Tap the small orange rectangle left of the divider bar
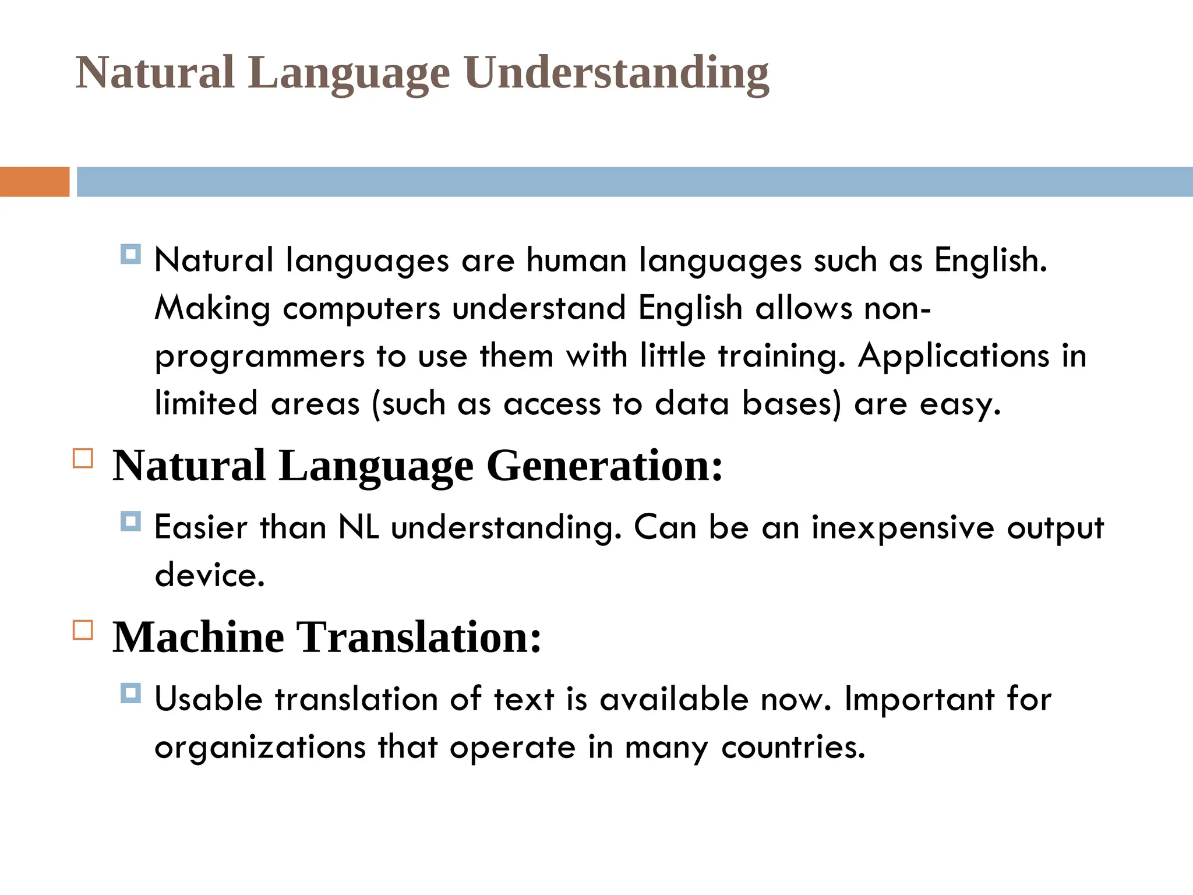tap(34, 182)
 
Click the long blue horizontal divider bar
tap(634, 182)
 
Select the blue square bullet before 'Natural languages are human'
tap(130, 255)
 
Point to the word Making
tap(212, 308)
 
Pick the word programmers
tap(259, 357)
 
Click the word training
tap(781, 356)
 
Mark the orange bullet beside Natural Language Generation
tap(83, 459)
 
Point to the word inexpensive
tap(903, 528)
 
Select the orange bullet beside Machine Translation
tap(83, 630)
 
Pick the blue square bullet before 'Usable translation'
tap(130, 693)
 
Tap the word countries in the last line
tap(793, 747)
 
